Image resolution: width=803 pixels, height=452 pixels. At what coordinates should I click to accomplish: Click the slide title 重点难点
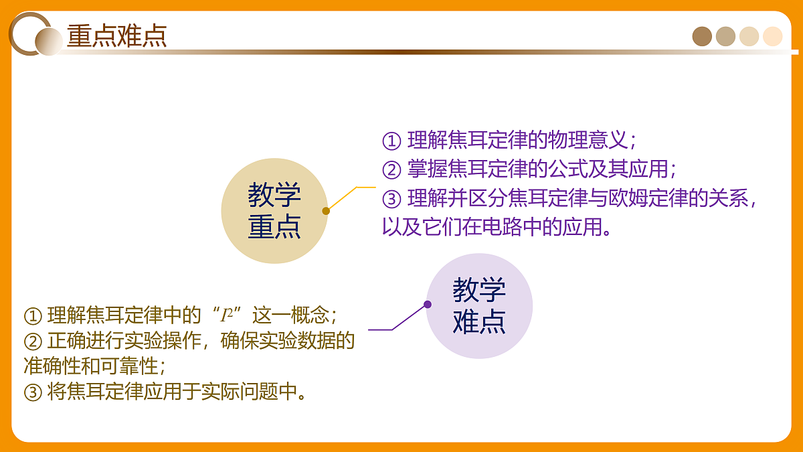[116, 35]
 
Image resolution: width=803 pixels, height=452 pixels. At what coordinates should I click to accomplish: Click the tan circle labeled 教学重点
[274, 211]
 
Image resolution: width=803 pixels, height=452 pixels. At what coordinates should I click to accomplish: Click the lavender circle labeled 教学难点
[479, 306]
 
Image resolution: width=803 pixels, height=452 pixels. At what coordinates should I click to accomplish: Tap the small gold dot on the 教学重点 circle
[326, 211]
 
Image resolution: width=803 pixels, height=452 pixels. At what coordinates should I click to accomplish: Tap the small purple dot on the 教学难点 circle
[428, 305]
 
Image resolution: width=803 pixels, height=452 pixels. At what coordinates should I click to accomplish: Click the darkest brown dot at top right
[702, 36]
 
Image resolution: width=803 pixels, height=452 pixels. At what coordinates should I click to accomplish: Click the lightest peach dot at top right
[772, 36]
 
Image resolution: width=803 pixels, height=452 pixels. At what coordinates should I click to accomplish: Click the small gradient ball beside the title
[48, 42]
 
